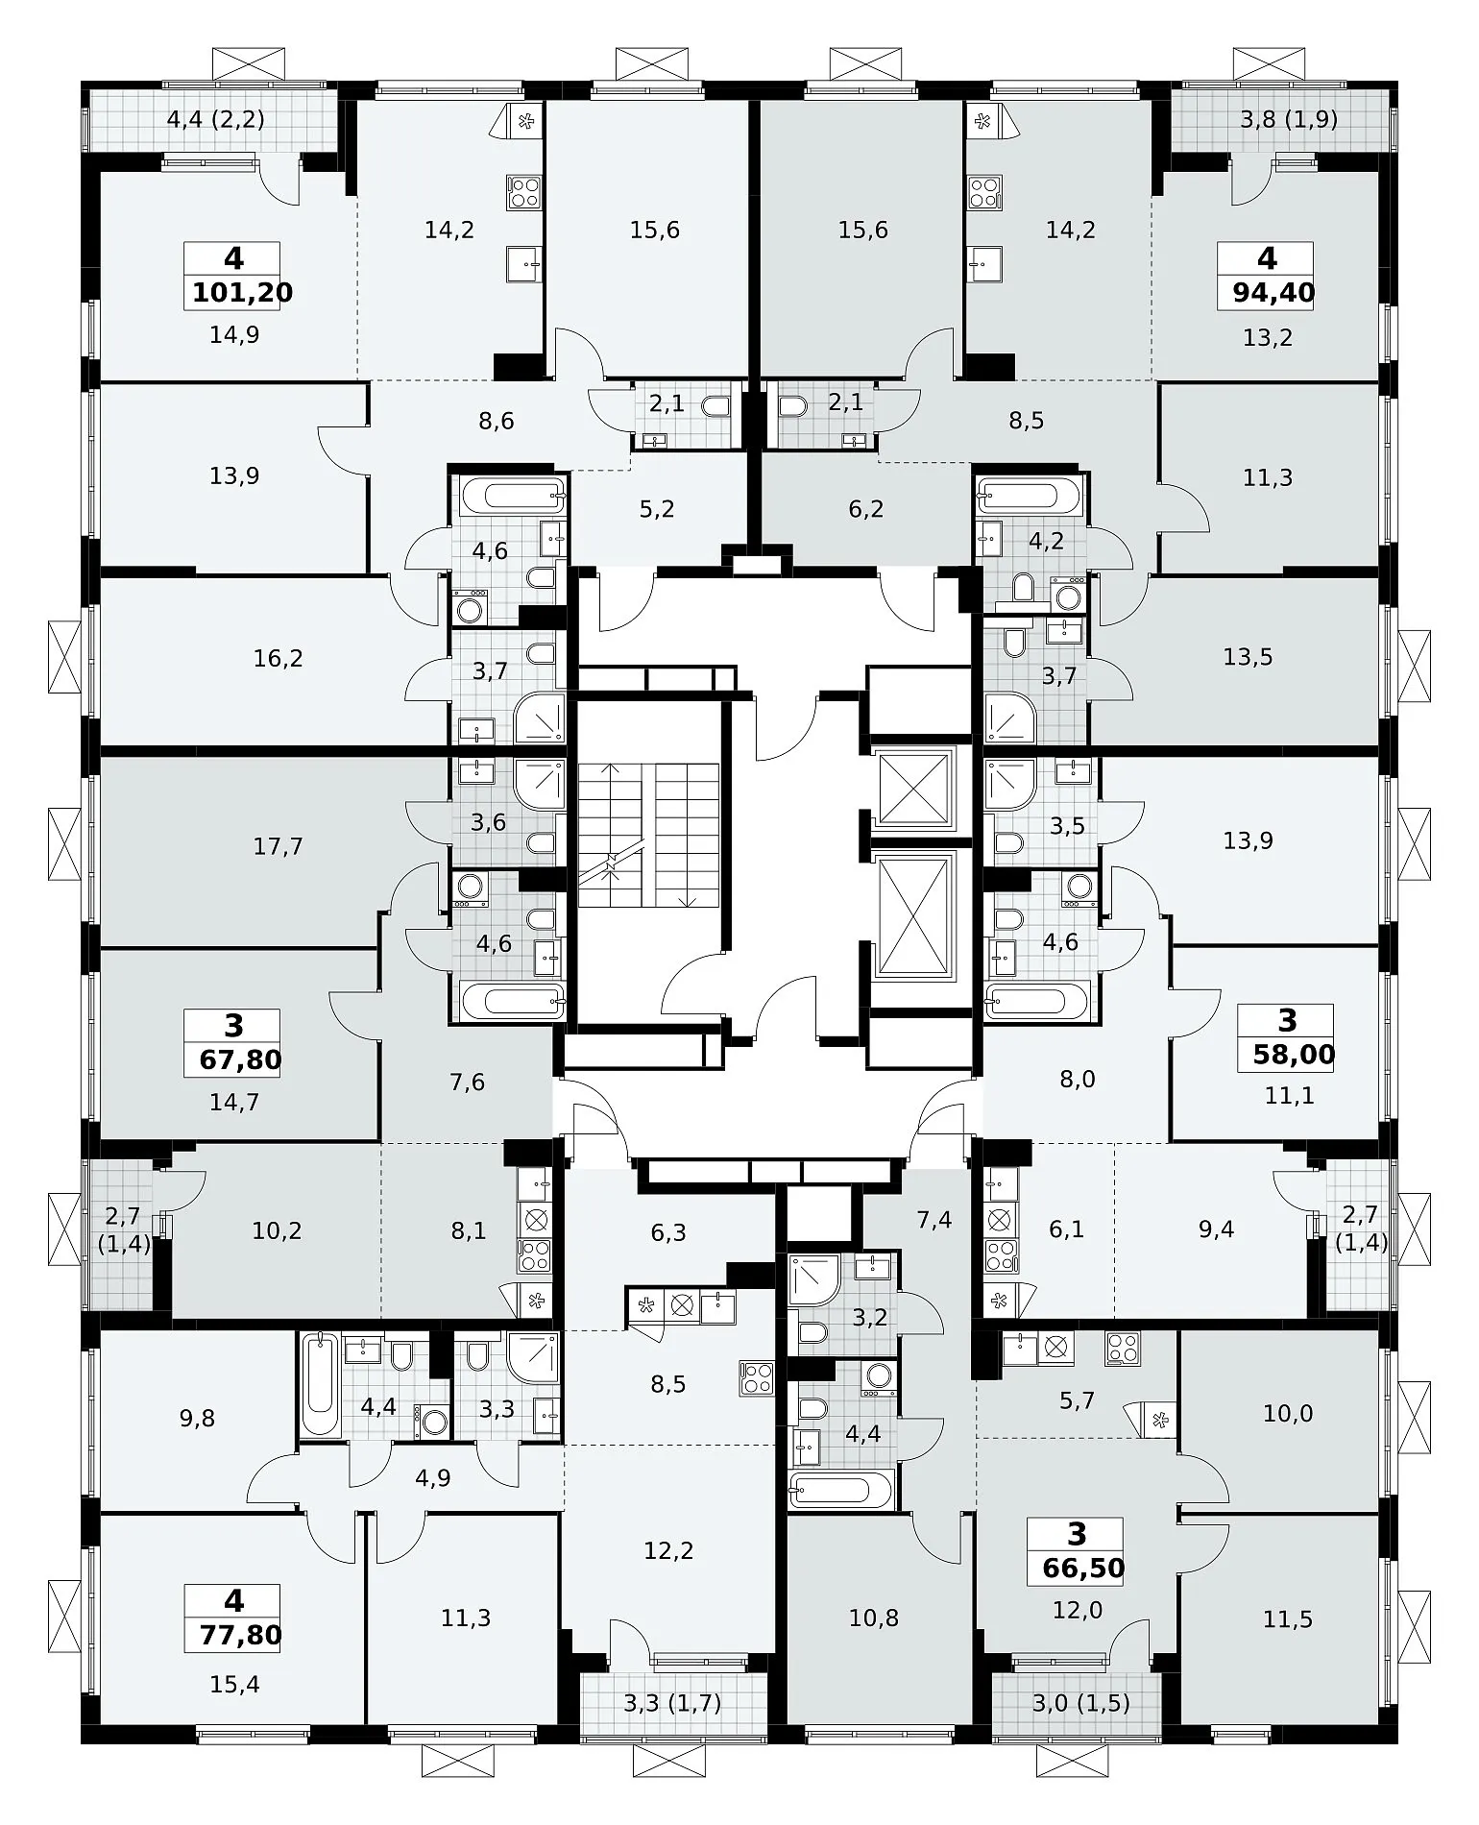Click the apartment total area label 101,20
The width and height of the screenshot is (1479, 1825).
tap(242, 293)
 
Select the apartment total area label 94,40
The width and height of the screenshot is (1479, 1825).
tap(1273, 293)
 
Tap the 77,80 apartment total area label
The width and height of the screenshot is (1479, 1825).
tap(240, 1634)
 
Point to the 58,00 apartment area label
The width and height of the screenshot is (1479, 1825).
tap(1294, 1056)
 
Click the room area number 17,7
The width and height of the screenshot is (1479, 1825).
tap(279, 846)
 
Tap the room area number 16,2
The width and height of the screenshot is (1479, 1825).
tap(279, 658)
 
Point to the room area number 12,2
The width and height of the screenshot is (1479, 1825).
tap(668, 1550)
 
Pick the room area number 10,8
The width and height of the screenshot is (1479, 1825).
tap(874, 1618)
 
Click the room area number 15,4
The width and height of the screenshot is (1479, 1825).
tap(234, 1684)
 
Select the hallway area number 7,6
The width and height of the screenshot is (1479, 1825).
tap(468, 1083)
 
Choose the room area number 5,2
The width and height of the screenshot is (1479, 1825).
tap(657, 509)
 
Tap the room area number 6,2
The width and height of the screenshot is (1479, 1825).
tap(866, 509)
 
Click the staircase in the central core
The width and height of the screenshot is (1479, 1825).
tap(648, 836)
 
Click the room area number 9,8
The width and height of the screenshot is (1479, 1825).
tap(197, 1419)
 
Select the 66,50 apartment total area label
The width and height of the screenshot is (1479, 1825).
tap(1083, 1569)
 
